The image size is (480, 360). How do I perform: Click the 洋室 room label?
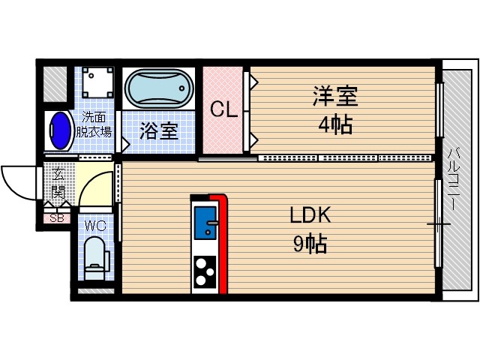pyautogui.click(x=334, y=97)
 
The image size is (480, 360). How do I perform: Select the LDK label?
pyautogui.click(x=310, y=215)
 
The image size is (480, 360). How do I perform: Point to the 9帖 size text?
pyautogui.click(x=310, y=244)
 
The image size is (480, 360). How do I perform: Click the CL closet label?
pyautogui.click(x=223, y=109)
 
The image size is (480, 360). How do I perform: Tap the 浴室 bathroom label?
pyautogui.click(x=159, y=131)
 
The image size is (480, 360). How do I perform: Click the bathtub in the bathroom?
pyautogui.click(x=159, y=90)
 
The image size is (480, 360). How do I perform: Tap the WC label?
pyautogui.click(x=94, y=225)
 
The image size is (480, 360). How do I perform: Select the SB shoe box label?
pyautogui.click(x=55, y=219)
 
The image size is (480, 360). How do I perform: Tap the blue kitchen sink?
pyautogui.click(x=205, y=222)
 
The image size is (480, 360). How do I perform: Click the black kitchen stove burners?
pyautogui.click(x=205, y=271)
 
